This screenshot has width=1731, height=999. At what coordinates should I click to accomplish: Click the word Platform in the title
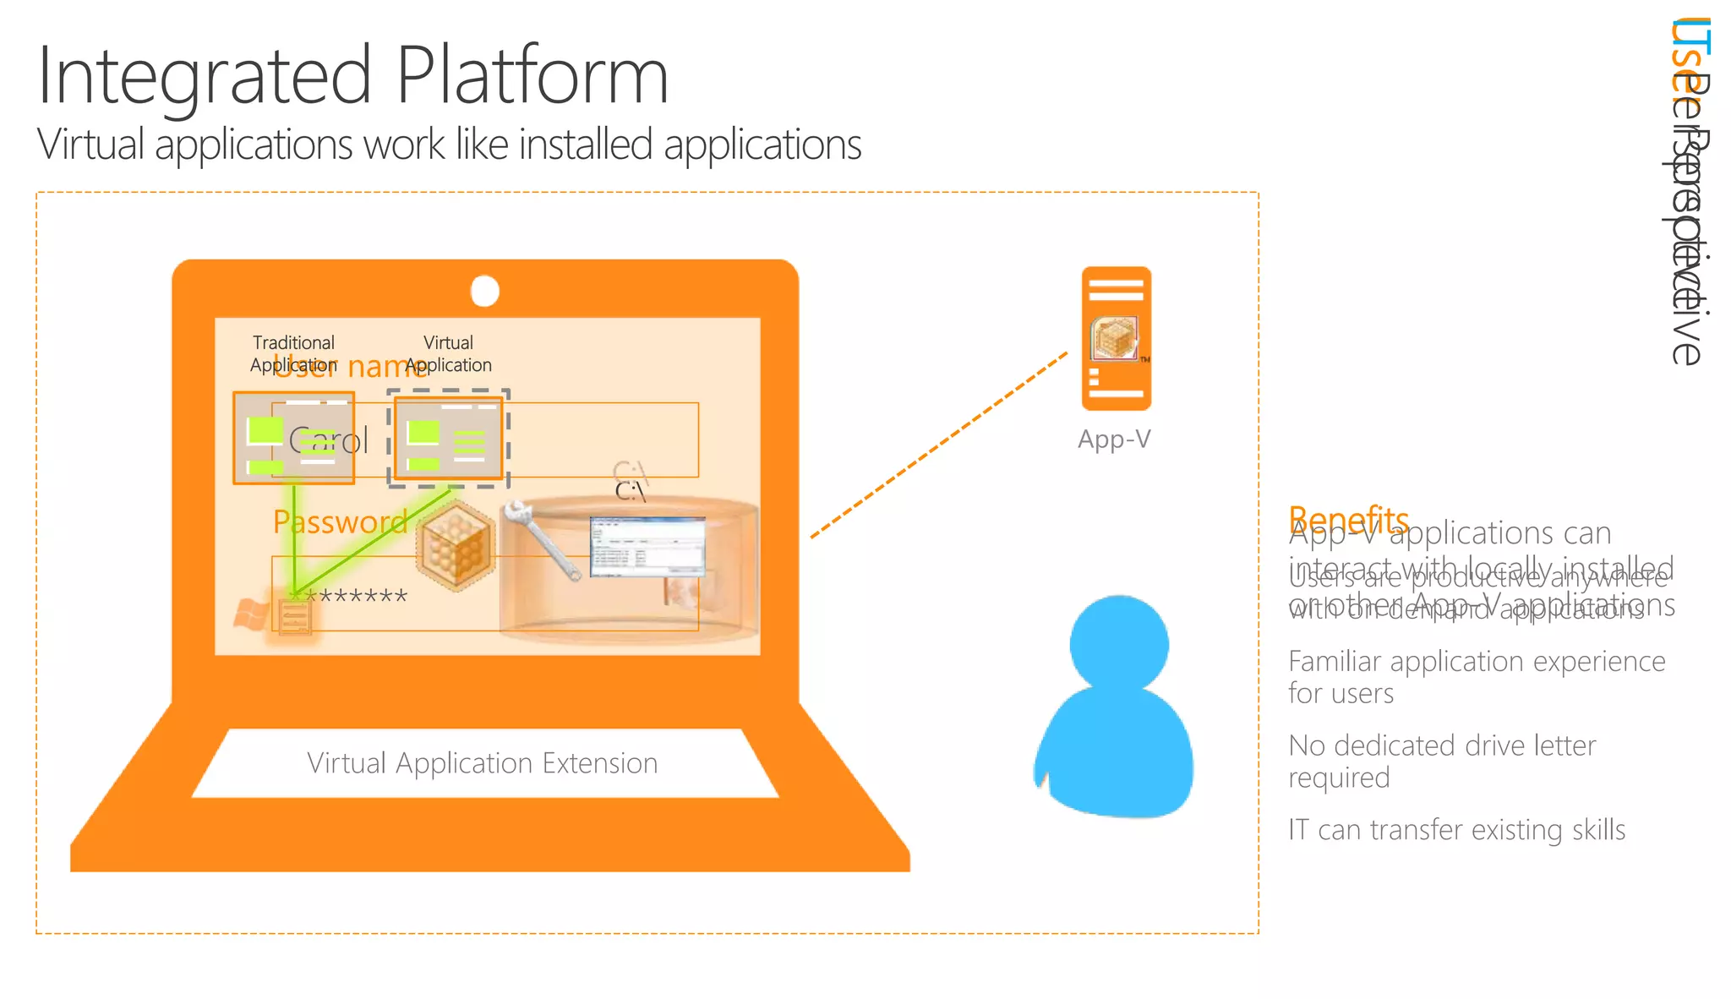532,76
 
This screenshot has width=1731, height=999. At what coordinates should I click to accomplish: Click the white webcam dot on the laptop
485,291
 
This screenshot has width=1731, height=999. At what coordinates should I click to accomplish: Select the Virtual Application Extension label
482,763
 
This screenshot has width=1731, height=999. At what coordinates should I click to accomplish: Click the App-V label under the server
1114,439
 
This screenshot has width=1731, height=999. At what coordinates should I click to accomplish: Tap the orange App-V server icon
1117,338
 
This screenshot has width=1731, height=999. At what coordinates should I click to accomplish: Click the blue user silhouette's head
1119,644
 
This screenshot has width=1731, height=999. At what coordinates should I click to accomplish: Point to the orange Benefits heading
1347,516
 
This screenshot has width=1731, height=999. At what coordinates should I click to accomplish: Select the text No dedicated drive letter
1442,745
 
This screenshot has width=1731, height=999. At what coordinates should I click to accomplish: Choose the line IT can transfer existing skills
1456,830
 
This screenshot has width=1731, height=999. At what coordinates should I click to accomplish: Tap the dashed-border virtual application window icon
449,438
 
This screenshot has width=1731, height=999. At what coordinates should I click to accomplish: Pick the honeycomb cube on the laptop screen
455,545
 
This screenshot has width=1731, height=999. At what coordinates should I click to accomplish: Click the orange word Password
340,522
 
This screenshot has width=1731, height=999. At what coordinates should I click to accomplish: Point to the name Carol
330,441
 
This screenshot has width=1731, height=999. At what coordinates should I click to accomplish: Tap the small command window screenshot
647,546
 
